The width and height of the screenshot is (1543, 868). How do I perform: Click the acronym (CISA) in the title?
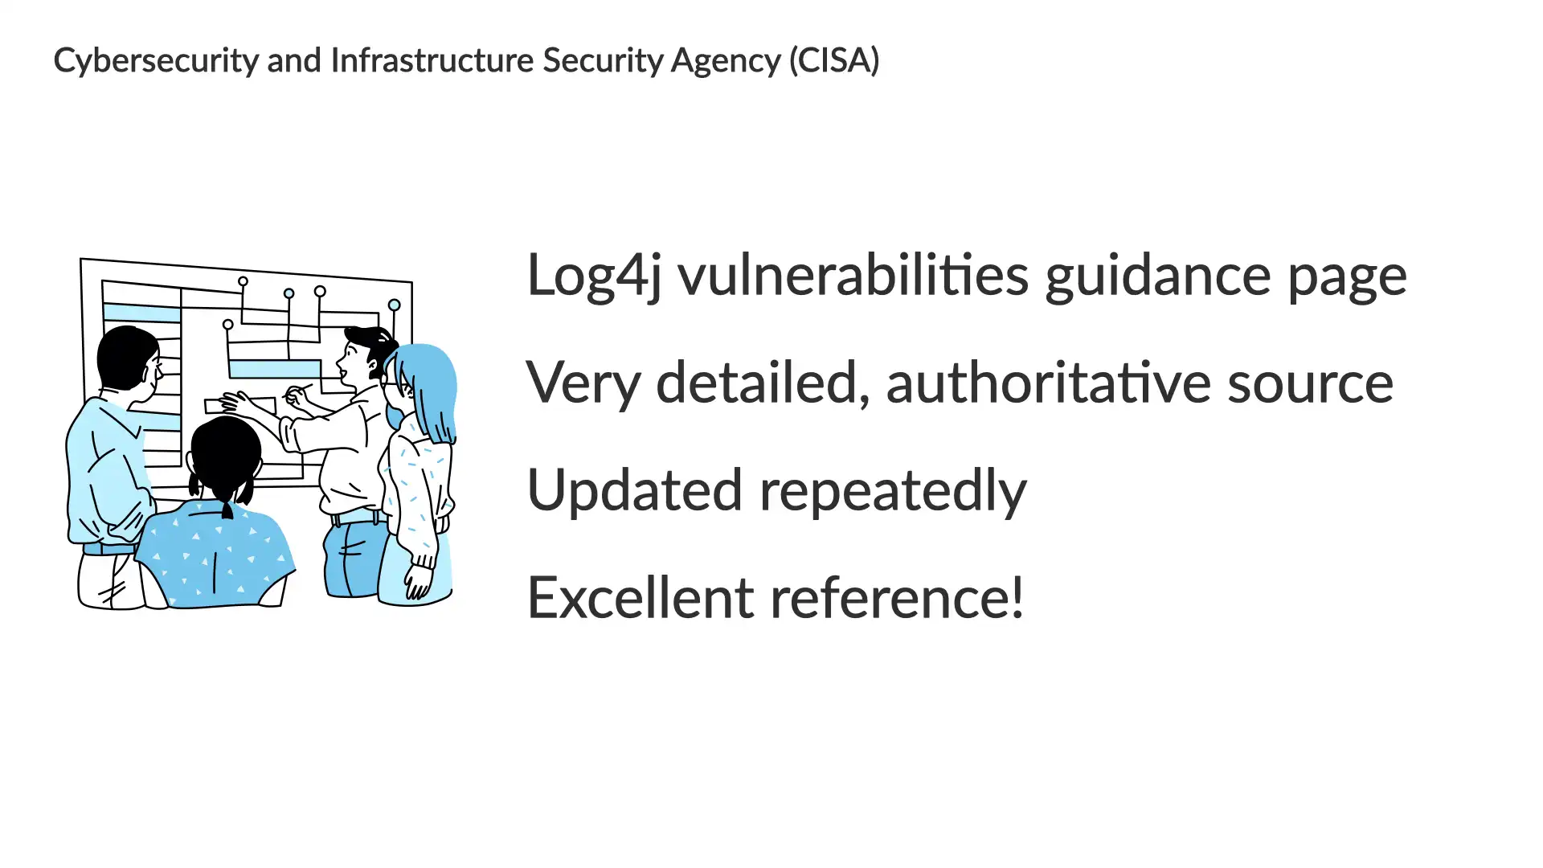[834, 60]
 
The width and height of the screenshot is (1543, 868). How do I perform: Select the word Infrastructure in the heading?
[432, 60]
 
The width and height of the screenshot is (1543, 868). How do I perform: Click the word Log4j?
[594, 276]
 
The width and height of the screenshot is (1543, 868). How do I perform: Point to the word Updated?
[634, 490]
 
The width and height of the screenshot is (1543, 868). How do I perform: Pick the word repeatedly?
[893, 490]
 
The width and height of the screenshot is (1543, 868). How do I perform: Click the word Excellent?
[641, 597]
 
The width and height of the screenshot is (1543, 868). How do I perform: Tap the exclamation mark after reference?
[1017, 597]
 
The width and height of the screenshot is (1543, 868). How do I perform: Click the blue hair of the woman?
[430, 386]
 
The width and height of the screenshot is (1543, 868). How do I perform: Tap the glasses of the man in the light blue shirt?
[156, 371]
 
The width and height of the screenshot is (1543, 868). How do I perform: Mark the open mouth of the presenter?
[342, 375]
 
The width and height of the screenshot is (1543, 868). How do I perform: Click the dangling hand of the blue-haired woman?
[418, 581]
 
